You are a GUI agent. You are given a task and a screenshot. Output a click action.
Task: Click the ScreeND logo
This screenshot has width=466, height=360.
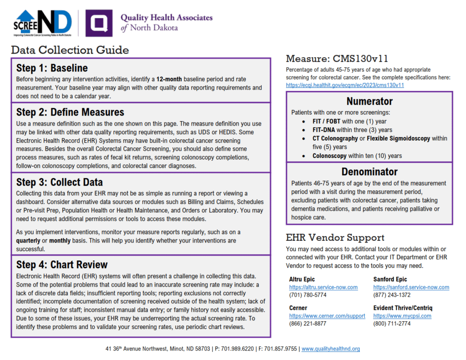[43, 23]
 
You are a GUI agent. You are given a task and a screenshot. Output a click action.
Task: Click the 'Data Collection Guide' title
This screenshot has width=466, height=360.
[70, 50]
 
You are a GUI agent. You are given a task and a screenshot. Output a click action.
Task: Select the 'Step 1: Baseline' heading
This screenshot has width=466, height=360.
[52, 68]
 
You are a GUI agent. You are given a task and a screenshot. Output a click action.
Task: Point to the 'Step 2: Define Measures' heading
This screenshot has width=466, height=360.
[70, 112]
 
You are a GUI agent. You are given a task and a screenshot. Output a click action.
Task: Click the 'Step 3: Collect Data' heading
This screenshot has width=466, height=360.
[60, 183]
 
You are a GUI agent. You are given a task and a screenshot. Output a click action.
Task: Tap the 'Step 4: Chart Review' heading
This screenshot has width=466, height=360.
[62, 265]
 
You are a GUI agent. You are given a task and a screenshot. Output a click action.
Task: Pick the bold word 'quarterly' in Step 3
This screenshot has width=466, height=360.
[28, 240]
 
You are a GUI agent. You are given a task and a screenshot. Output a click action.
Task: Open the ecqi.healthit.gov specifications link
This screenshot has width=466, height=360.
[345, 85]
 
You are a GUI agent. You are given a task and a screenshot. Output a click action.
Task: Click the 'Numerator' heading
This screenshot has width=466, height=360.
[369, 101]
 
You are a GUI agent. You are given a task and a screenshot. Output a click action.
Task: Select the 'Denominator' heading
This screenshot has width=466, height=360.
[369, 172]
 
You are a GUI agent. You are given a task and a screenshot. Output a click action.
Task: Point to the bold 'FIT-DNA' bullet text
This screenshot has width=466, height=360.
[324, 130]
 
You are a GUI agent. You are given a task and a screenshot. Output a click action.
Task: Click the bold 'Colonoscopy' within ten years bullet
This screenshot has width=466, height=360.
[329, 156]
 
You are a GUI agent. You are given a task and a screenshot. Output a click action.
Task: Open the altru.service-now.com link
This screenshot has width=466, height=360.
[323, 287]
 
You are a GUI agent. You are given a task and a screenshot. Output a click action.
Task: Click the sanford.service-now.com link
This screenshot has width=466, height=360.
[411, 287]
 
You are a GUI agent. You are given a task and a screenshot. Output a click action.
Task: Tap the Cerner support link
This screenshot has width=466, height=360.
[327, 316]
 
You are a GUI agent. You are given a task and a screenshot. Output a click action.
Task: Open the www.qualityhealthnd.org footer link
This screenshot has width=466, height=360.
[331, 349]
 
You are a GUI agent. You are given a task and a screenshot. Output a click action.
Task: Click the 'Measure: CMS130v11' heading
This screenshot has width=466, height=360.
[337, 59]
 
